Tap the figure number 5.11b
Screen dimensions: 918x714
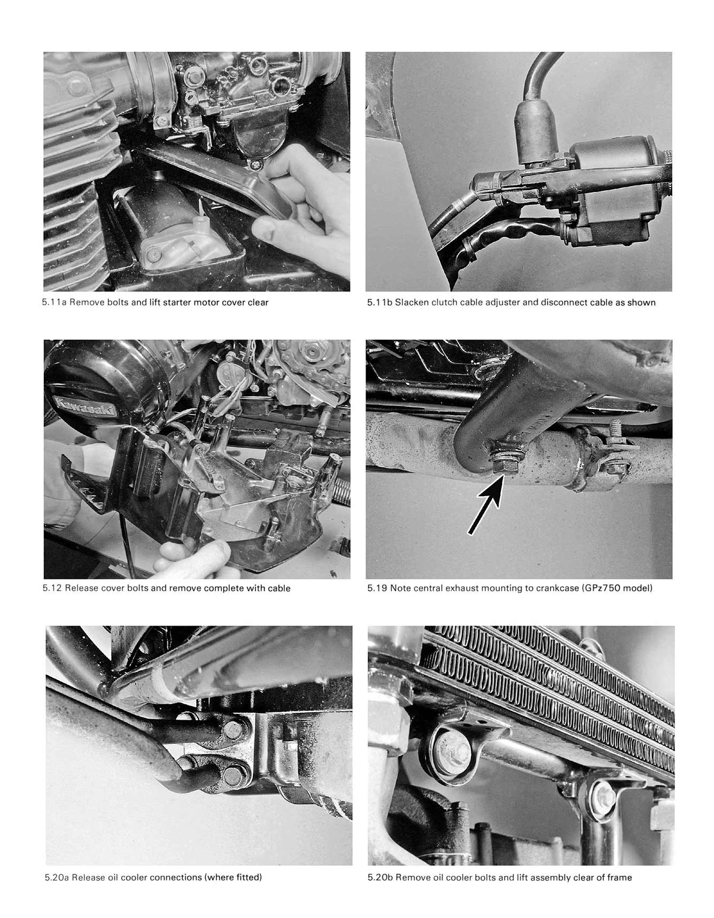tap(379, 303)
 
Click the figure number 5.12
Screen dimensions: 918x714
tap(52, 589)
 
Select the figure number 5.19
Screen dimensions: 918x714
tap(377, 589)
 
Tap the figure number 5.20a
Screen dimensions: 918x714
tap(57, 877)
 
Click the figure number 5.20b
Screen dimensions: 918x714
tap(380, 877)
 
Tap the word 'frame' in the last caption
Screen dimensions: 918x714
tap(619, 877)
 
